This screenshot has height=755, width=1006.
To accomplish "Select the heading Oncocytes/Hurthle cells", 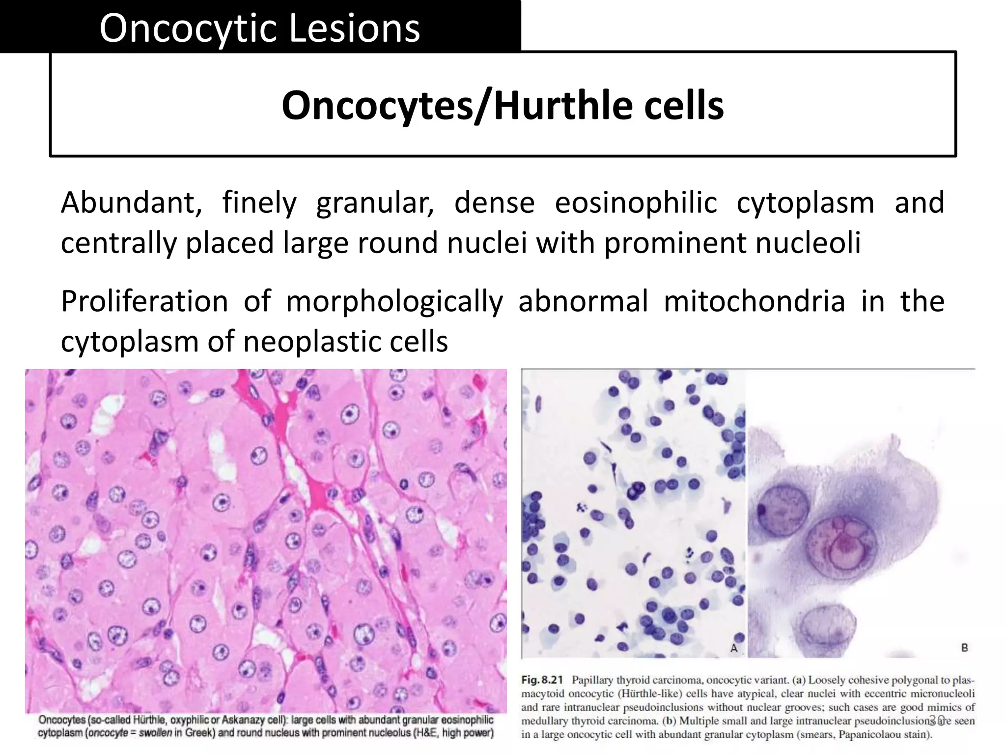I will tap(503, 105).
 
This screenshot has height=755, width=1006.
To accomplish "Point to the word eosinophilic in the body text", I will tap(636, 203).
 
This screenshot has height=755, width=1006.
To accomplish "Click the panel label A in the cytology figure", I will tap(734, 648).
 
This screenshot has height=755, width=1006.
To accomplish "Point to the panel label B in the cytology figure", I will tap(964, 648).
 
